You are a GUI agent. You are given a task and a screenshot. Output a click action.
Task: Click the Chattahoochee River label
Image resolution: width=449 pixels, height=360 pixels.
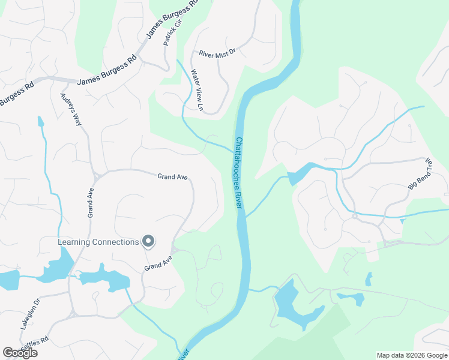point(238,173)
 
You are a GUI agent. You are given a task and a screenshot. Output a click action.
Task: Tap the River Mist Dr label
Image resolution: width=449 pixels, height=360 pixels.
point(218,53)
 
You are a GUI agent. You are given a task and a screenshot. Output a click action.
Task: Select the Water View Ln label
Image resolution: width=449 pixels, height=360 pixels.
point(197,91)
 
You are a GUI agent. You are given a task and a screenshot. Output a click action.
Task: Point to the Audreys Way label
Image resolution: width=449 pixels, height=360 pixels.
point(70,109)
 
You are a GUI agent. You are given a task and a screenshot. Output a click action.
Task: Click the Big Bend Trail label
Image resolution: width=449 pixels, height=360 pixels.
point(420,175)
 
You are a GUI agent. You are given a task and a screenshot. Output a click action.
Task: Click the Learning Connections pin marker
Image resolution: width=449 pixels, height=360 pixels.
point(148,242)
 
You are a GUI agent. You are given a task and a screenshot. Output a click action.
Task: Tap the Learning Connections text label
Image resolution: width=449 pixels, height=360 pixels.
point(98,242)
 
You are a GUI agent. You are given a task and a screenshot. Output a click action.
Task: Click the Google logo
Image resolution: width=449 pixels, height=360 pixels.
point(20,353)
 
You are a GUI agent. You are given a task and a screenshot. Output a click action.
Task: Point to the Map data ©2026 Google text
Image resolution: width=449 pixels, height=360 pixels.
point(411,355)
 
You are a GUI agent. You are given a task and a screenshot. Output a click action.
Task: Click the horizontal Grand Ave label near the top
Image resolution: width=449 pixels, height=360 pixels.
point(173,176)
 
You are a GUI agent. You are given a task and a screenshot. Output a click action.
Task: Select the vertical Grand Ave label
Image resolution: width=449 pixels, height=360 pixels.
point(91,204)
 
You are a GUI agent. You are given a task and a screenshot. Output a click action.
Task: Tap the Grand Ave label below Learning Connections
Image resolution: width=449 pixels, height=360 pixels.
point(158,263)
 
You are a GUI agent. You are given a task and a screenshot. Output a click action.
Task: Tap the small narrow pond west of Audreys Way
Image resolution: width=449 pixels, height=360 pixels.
point(40,122)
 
